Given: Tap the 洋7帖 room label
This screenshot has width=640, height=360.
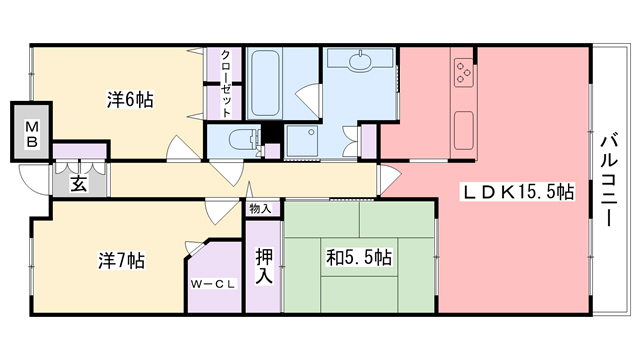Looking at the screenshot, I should tap(121, 261).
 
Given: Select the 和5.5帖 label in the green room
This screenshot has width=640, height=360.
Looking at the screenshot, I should tap(359, 258).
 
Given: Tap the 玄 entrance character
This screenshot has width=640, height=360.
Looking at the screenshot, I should tap(79, 184).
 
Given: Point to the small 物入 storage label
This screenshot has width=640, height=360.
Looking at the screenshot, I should tap(260, 209).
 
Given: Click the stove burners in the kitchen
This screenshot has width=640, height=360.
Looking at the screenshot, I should tap(463, 72).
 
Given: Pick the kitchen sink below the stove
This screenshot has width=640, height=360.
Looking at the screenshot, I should tap(463, 129).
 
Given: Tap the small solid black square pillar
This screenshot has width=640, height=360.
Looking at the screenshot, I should tap(269, 135).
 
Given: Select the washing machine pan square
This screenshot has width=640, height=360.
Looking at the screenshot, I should tap(301, 140).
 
